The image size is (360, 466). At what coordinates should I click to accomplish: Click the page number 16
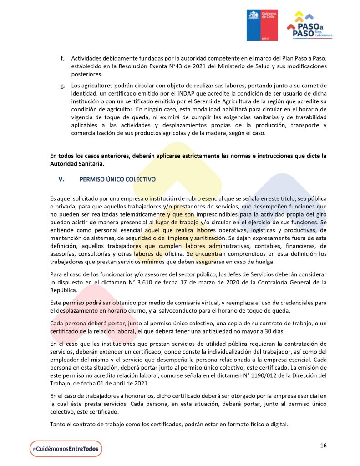tap(323, 446)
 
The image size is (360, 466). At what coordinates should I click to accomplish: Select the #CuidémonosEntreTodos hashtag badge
tap(66, 449)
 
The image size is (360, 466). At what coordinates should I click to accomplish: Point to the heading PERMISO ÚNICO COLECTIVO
tap(117, 179)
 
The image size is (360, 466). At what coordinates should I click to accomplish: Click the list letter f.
tap(62, 59)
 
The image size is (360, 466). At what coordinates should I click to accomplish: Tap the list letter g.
tap(62, 86)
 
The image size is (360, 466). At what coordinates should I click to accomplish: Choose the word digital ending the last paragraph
tap(278, 425)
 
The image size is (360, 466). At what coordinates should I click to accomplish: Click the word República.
tap(63, 290)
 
